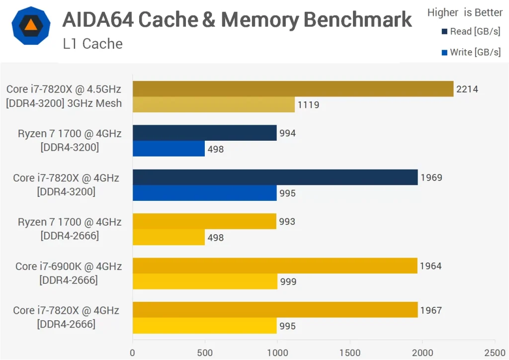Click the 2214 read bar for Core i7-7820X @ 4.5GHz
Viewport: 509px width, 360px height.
click(293, 89)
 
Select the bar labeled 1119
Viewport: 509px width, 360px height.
click(213, 104)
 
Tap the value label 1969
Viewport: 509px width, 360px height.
click(430, 178)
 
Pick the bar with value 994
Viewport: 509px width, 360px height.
click(204, 133)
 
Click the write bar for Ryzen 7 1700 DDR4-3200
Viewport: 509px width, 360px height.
click(169, 149)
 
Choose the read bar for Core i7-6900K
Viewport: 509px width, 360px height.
click(275, 266)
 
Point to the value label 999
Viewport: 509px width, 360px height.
click(288, 282)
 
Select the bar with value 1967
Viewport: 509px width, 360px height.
click(275, 310)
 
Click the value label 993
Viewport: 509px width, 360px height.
click(287, 222)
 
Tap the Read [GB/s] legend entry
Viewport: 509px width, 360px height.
click(471, 32)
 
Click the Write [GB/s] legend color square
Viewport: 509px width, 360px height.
click(444, 52)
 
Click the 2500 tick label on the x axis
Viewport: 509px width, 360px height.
click(494, 353)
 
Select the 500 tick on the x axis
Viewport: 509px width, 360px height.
click(205, 353)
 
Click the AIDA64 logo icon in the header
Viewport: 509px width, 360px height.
click(30, 25)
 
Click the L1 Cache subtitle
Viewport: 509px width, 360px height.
click(92, 44)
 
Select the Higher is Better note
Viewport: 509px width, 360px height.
click(465, 12)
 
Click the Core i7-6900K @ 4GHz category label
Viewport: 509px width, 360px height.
click(69, 267)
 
